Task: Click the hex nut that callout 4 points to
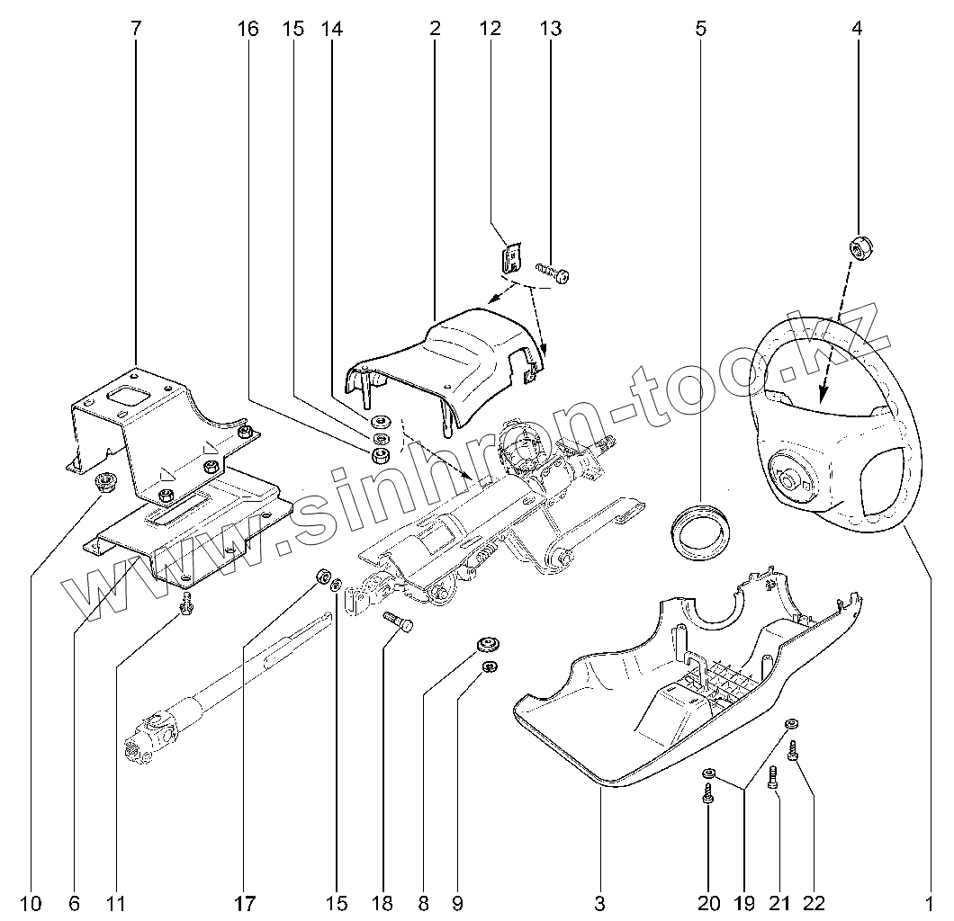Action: click(x=859, y=246)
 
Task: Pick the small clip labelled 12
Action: click(x=510, y=259)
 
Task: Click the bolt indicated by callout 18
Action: click(x=398, y=620)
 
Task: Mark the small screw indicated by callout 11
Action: click(x=188, y=606)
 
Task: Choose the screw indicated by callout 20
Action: click(x=708, y=794)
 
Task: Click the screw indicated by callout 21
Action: click(x=773, y=778)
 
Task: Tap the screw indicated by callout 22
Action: click(x=794, y=749)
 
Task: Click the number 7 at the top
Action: click(x=136, y=28)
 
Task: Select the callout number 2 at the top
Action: click(x=435, y=28)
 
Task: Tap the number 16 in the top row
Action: click(x=247, y=28)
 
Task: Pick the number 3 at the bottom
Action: click(x=600, y=902)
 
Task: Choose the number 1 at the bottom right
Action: click(x=929, y=902)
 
